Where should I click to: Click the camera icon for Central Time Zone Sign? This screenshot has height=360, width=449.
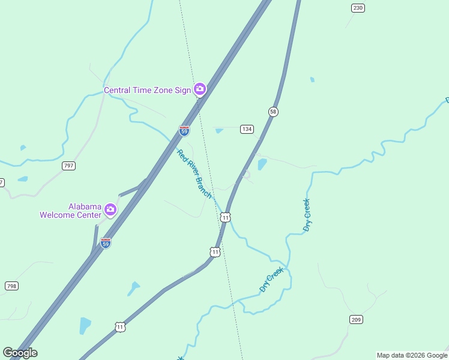pos(200,90)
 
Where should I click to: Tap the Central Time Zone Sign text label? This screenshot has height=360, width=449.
pos(147,91)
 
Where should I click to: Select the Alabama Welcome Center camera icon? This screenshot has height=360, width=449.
pos(110,209)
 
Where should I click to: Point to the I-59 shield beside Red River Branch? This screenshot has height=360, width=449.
pos(184,130)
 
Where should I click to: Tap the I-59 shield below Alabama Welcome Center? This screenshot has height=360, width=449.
pos(106,243)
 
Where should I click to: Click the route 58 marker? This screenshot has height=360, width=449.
pos(273,112)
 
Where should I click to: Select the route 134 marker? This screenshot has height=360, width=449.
pos(247,129)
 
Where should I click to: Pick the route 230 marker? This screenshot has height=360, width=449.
pos(358,8)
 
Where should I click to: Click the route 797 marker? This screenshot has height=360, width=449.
pos(68,166)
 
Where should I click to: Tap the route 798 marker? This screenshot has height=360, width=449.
pos(11,286)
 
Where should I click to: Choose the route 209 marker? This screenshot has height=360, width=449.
pos(356,319)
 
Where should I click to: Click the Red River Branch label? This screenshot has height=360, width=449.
pos(194,174)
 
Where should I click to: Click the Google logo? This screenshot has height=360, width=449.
pos(20,353)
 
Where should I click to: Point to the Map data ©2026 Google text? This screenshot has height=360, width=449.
pos(412,355)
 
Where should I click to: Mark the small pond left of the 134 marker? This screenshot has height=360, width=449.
pos(219,130)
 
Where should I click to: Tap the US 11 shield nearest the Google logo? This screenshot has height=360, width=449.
pos(121,327)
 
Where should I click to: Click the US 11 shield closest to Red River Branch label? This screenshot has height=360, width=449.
pos(224,217)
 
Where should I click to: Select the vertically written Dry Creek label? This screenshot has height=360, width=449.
pos(307,215)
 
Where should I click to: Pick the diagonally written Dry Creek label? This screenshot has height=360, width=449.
pos(271,280)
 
